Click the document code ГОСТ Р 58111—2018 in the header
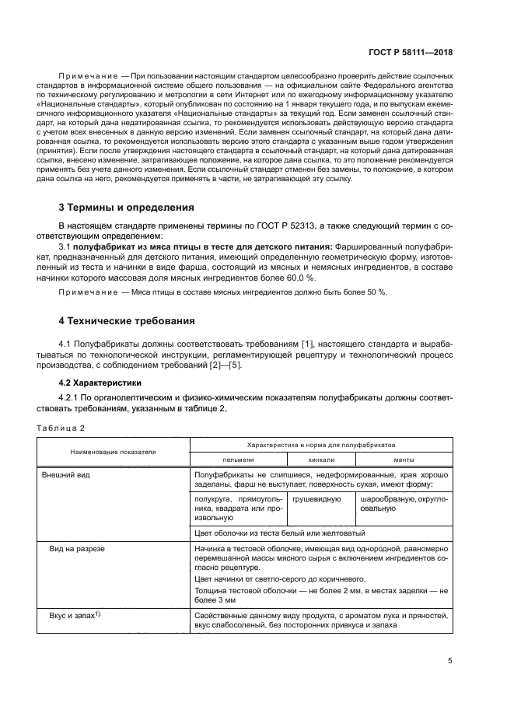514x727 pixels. click(409, 52)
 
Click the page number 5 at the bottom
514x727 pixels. click(450, 661)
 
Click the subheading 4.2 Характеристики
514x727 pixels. click(102, 384)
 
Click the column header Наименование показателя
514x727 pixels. click(114, 451)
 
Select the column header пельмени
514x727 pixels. click(238, 460)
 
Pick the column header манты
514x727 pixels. click(404, 460)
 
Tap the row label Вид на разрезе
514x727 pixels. click(74, 548)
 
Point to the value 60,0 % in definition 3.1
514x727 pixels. click(299, 277)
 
